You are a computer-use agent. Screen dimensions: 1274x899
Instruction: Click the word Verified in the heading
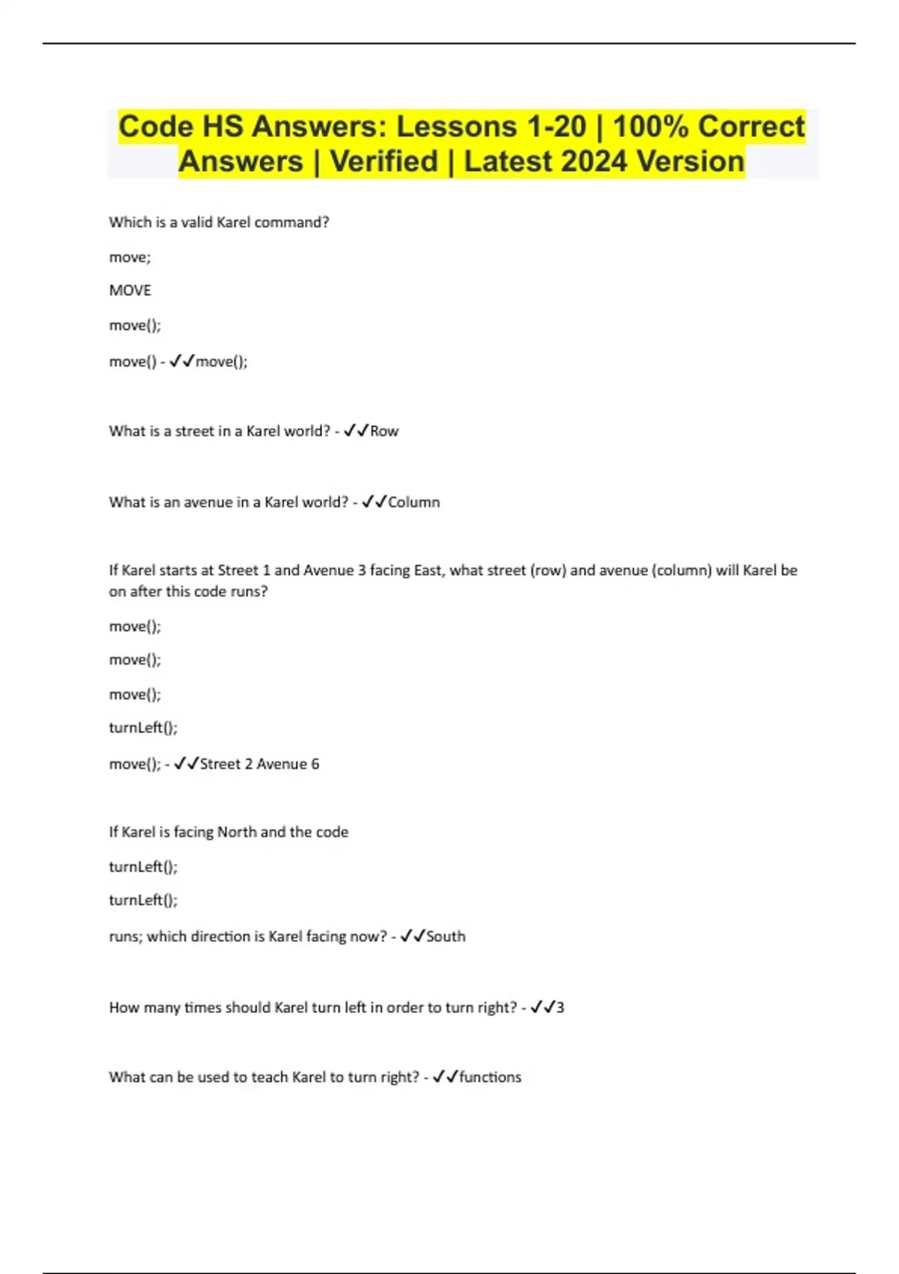pos(384,161)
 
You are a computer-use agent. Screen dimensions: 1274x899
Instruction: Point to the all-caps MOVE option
pos(130,291)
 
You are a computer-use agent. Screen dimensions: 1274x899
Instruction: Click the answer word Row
pos(384,432)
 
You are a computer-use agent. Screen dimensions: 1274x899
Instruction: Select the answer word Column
pos(414,502)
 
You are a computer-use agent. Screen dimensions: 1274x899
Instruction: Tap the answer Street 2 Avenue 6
pos(259,764)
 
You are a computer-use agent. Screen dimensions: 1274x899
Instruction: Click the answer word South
pos(446,937)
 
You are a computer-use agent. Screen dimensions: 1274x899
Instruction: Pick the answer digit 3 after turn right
pos(560,1008)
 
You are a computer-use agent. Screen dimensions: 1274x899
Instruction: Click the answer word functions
pos(490,1078)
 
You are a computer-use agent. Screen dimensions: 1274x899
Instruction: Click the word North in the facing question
pos(237,832)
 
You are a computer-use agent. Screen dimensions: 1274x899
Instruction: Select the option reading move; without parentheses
pos(130,258)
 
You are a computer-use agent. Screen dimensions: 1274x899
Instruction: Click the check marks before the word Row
pos(356,431)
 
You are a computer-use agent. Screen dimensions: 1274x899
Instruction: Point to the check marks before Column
pos(374,502)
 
